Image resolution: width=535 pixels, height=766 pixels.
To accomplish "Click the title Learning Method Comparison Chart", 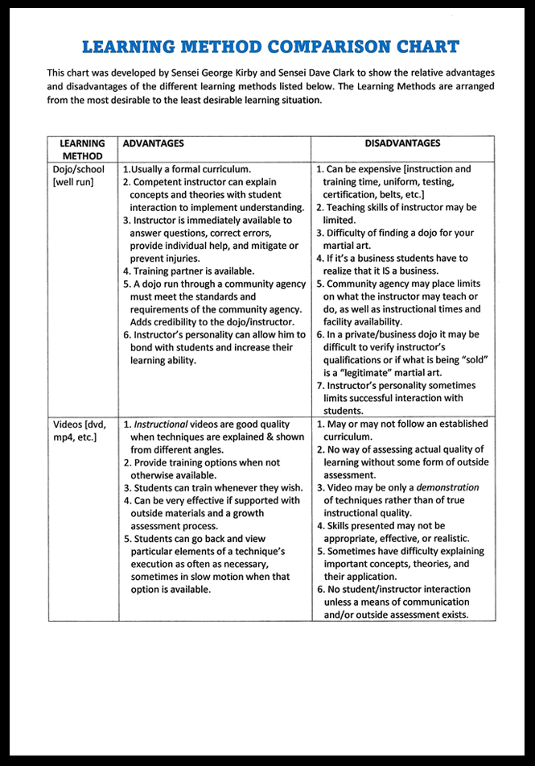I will tap(270, 46).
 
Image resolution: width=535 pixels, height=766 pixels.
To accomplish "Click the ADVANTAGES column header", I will tap(153, 143).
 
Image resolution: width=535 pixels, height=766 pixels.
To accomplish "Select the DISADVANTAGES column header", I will tap(402, 143).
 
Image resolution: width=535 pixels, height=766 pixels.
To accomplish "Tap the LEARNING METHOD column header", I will tap(82, 150).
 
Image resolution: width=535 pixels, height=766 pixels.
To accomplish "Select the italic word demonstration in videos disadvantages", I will tap(447, 487).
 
